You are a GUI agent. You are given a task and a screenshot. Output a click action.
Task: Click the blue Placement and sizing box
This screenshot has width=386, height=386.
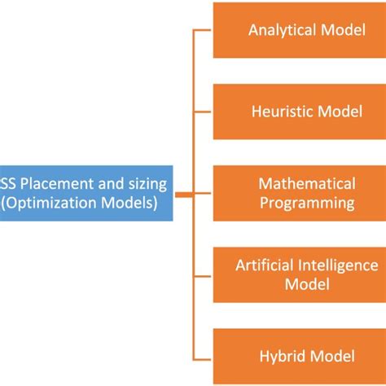point(86,193)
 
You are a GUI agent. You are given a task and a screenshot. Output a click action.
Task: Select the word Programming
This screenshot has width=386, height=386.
point(307,202)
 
